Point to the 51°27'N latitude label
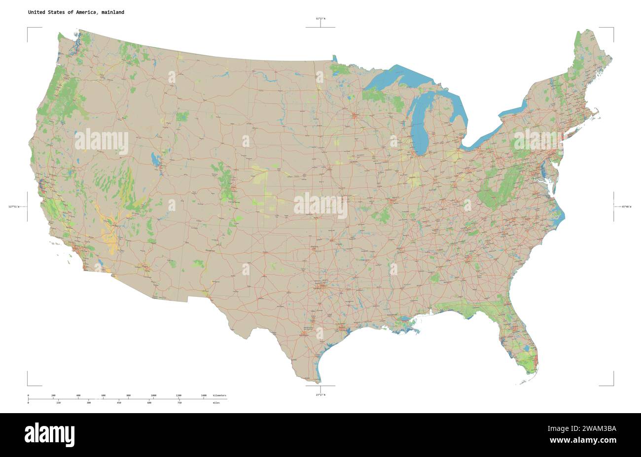tap(320, 19)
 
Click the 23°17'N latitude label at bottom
tap(320, 395)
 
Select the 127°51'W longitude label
tap(14, 207)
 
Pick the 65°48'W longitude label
tap(626, 207)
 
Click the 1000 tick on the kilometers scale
tap(153, 396)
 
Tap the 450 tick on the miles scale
tap(119, 403)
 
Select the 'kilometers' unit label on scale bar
tap(219, 396)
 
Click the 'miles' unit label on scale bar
tap(216, 403)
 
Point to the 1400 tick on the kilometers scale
tap(204, 396)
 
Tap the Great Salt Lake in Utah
tap(156, 160)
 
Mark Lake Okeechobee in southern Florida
tap(527, 349)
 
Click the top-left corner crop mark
tap(28, 29)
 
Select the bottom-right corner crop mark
tap(613, 385)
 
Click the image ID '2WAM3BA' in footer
tap(598, 428)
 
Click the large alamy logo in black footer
tap(50, 434)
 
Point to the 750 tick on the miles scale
tap(179, 403)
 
